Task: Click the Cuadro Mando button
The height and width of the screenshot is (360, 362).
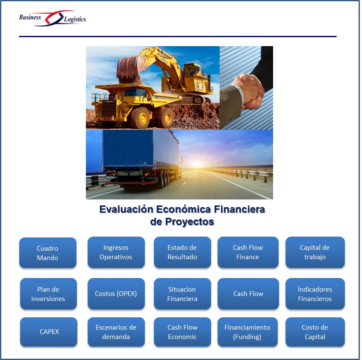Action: click(48, 253)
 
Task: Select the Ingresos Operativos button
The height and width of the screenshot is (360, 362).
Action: click(116, 252)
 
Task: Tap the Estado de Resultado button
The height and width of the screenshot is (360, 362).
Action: click(182, 252)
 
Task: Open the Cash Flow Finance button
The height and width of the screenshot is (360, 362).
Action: click(248, 252)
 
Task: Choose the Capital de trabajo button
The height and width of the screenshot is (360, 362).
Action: click(315, 252)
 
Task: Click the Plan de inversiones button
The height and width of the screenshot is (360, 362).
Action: click(48, 294)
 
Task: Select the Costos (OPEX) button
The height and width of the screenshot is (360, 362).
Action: click(116, 294)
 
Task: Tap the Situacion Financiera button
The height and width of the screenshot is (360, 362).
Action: click(182, 294)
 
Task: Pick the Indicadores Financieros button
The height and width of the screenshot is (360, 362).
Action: click(315, 294)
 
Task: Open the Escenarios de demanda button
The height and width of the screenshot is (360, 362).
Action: click(116, 332)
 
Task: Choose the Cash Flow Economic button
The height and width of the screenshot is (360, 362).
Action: click(182, 332)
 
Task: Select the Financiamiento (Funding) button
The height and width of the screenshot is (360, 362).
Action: click(247, 332)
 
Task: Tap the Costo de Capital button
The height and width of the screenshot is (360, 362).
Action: click(315, 332)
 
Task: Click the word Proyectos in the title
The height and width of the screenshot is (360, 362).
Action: click(189, 222)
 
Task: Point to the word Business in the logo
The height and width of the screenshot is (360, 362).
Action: click(30, 18)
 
